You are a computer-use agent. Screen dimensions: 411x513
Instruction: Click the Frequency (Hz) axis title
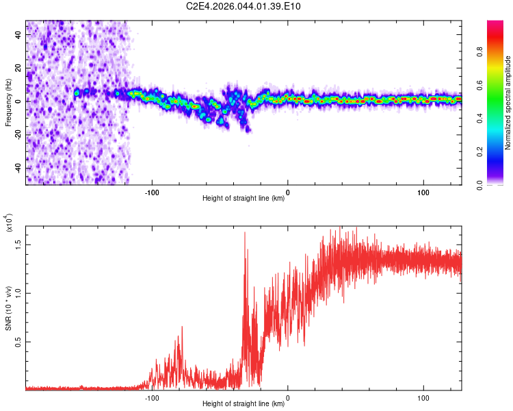click(8, 103)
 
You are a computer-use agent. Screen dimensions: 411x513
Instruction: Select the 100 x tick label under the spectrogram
click(423, 192)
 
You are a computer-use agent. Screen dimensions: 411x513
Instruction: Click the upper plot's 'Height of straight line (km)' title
click(244, 199)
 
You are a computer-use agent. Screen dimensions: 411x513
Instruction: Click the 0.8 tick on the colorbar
click(499, 50)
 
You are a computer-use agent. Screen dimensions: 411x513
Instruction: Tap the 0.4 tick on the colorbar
click(499, 117)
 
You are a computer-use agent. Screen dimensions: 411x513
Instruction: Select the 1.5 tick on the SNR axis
click(19, 243)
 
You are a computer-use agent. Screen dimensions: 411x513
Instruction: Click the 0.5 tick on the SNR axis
click(19, 341)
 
